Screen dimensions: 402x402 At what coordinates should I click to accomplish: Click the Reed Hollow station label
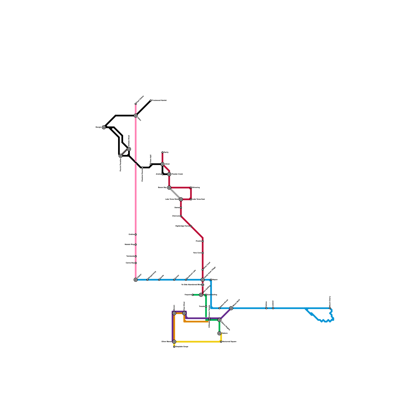click(x=140, y=99)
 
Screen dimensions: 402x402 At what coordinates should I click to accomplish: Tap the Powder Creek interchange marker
click(x=169, y=174)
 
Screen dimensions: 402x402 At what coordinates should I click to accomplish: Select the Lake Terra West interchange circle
click(x=181, y=199)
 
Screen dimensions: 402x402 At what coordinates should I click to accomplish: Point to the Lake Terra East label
click(x=198, y=199)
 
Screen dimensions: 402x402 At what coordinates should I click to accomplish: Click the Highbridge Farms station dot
click(x=191, y=226)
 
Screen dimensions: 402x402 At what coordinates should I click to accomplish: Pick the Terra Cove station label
click(x=197, y=253)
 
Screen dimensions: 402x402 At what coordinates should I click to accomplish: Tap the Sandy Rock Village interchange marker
click(x=203, y=280)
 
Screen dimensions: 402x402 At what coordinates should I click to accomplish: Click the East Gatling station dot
click(x=206, y=295)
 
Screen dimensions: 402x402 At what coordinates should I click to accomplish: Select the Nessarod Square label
click(x=229, y=342)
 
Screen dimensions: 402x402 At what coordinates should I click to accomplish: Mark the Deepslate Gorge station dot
click(x=174, y=347)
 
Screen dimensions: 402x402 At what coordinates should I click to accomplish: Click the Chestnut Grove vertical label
click(x=142, y=175)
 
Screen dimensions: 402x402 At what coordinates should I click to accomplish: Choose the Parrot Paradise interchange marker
click(x=121, y=156)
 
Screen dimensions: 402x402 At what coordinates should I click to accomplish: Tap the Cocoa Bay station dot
click(x=136, y=263)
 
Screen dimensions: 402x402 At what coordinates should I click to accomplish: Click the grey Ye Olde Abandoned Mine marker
click(x=203, y=285)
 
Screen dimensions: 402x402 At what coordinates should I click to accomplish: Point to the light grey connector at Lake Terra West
click(x=175, y=193)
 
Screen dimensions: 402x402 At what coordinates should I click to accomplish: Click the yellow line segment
click(x=198, y=342)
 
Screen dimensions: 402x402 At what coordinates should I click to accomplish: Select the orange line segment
click(x=196, y=322)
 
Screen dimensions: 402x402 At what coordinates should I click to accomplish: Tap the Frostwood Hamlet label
click(x=159, y=100)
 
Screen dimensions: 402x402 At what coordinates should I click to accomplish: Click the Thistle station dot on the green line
click(x=206, y=307)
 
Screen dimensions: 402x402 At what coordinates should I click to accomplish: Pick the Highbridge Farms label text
click(x=182, y=226)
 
